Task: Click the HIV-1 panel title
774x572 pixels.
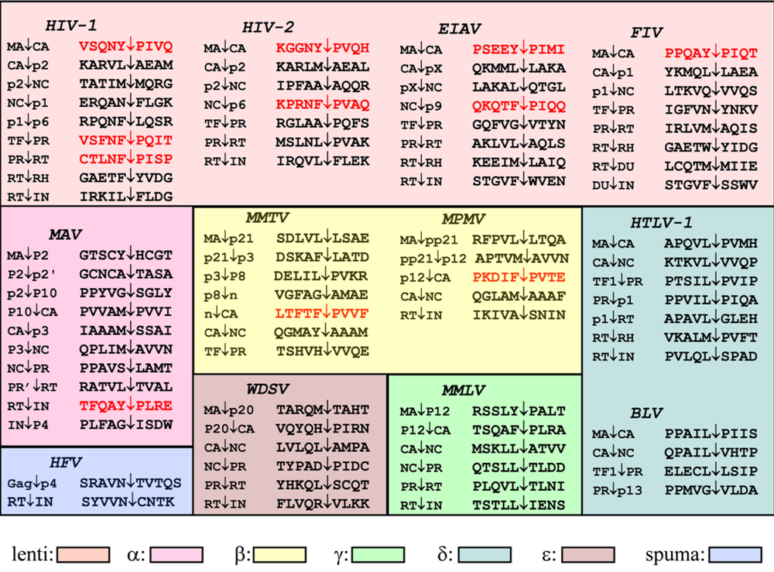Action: click(70, 26)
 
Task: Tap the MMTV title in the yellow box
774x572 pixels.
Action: click(265, 219)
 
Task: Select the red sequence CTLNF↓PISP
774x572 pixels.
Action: click(126, 159)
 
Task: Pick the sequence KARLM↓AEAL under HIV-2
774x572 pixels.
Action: click(323, 67)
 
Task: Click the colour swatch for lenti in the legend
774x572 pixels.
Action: click(84, 554)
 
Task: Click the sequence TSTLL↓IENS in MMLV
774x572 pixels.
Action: click(519, 505)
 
